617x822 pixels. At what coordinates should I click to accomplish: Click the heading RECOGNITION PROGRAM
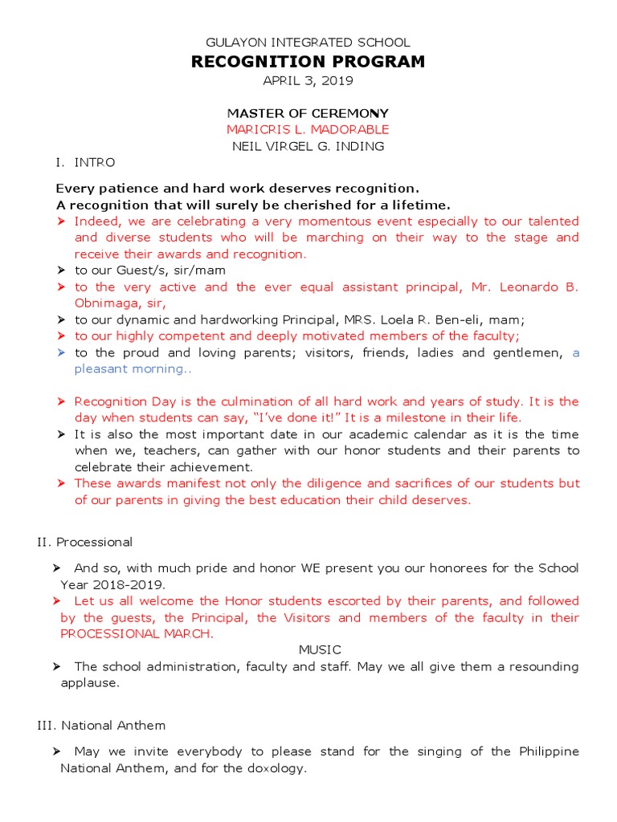(308, 62)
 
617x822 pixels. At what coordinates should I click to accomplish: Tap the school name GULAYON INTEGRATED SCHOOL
(308, 43)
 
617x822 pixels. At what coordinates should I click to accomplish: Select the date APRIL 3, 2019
(308, 81)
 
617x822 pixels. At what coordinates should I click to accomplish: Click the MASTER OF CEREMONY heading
(308, 113)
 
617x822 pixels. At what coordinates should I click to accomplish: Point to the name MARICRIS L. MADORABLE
(308, 129)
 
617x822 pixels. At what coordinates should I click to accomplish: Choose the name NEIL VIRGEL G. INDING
(308, 146)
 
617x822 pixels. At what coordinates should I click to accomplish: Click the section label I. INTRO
(84, 162)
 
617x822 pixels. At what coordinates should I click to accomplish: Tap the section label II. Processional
(85, 542)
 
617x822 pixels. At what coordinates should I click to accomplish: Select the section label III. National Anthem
(101, 725)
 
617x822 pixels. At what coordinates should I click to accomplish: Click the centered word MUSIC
(320, 649)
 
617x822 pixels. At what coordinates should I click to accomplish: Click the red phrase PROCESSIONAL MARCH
(137, 633)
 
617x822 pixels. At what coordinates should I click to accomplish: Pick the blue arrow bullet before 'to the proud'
(62, 353)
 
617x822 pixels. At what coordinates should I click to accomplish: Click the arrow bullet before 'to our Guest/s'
(62, 271)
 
